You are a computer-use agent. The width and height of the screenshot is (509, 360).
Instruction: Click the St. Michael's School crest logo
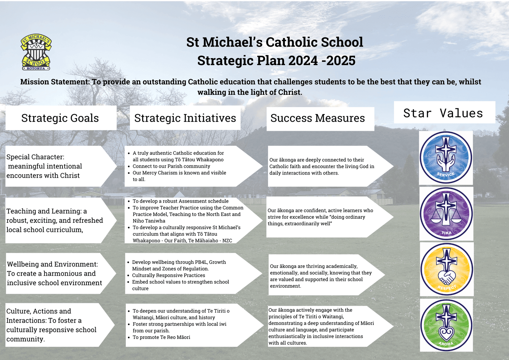[36, 52]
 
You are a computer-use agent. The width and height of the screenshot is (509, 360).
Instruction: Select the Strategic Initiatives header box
[185, 118]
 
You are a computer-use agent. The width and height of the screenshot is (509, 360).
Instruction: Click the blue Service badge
[446, 157]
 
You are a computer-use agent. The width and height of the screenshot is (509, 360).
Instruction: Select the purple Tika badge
[446, 214]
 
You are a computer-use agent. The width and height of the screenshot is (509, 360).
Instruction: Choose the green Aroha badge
[446, 325]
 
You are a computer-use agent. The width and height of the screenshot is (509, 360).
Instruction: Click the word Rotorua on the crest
[36, 68]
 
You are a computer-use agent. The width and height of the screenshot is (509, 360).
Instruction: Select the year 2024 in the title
[303, 60]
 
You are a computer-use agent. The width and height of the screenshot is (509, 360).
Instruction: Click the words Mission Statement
[55, 82]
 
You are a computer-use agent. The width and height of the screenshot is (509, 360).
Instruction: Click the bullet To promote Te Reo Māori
[161, 337]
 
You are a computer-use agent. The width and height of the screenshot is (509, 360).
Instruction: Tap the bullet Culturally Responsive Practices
[169, 275]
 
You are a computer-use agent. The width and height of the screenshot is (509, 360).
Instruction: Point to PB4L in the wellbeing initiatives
[200, 262]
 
